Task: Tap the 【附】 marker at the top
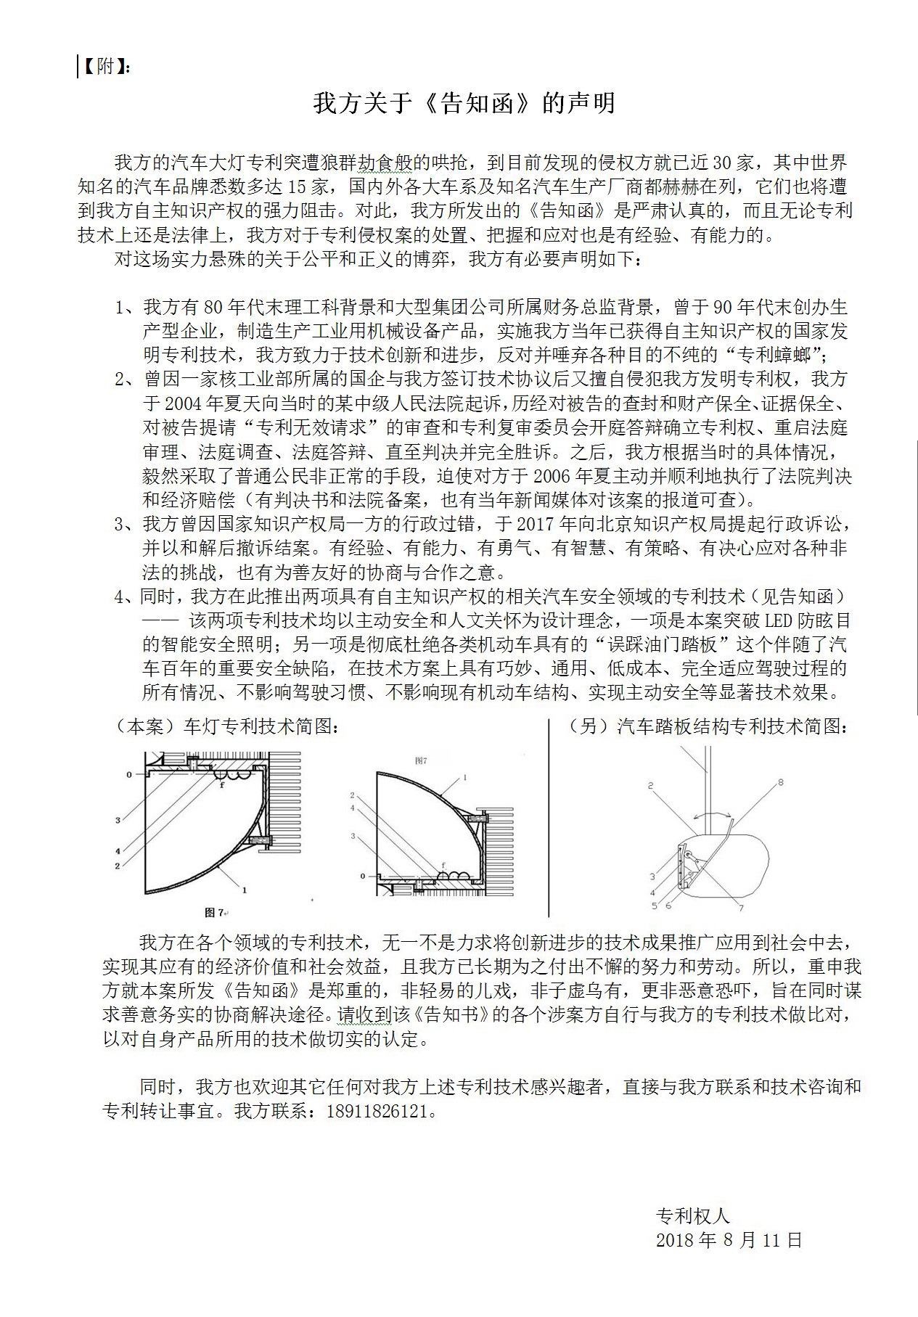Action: pos(104,67)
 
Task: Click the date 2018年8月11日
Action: pos(729,1240)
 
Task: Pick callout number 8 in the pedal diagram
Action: pos(780,782)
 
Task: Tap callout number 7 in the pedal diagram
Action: pos(741,908)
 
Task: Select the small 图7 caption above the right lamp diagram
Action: pos(420,760)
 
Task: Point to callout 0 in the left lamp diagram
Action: pos(129,775)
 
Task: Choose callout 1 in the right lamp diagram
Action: pos(464,777)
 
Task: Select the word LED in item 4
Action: pos(759,620)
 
